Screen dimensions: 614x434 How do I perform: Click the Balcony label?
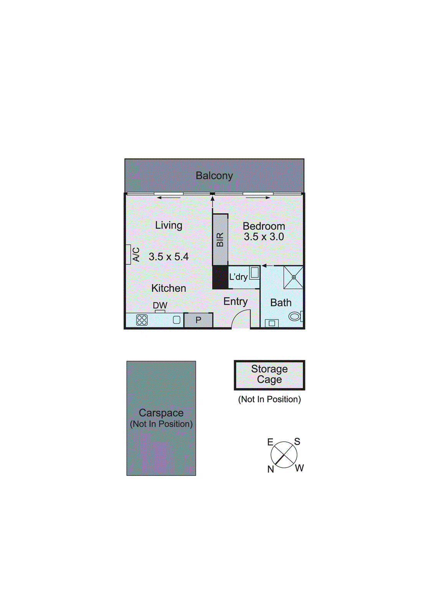(x=214, y=176)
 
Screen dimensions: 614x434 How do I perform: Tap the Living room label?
(x=168, y=225)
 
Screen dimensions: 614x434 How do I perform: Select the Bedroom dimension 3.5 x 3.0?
(x=264, y=237)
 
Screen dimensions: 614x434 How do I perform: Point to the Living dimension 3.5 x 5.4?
(x=168, y=257)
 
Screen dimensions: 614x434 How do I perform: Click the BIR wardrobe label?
(x=220, y=240)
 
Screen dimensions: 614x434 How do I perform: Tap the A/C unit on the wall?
(x=129, y=254)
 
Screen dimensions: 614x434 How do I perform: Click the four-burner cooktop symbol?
(x=142, y=320)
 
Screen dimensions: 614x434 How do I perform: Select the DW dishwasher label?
(x=160, y=305)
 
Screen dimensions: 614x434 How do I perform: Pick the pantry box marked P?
(x=198, y=320)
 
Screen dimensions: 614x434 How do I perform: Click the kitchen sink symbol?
(x=177, y=320)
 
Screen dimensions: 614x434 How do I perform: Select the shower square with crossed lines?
(x=294, y=277)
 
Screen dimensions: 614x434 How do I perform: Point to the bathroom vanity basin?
(x=272, y=323)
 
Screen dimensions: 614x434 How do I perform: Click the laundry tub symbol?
(x=254, y=273)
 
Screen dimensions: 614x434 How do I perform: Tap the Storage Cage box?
(x=269, y=375)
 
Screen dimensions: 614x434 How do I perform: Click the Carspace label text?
(x=161, y=413)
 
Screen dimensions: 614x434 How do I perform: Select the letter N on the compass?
(x=271, y=469)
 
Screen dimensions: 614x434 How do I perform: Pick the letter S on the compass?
(x=297, y=442)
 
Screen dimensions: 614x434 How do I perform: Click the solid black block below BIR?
(x=220, y=277)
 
